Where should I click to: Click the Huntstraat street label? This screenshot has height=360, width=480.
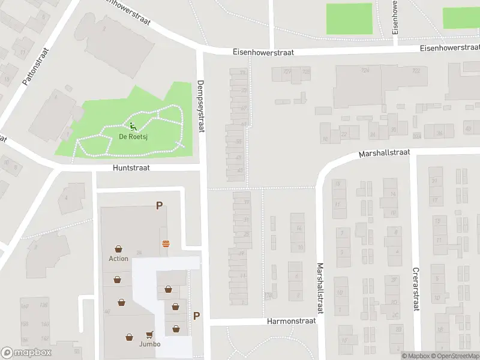131,168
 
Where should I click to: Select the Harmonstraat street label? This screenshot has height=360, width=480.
291,322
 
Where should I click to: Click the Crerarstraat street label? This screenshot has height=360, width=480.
415,289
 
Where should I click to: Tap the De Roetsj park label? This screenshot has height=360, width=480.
133,137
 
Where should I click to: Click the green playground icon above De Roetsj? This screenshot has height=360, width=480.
133,127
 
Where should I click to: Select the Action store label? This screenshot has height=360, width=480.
118,259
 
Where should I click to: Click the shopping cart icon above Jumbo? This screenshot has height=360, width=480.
149,335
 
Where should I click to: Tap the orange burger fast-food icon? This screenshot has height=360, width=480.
165,243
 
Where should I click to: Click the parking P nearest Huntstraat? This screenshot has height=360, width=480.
159,205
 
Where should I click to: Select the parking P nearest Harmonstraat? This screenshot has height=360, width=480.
196,316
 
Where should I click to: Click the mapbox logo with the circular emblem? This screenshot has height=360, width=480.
26,353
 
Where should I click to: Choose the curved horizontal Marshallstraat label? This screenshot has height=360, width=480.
384,154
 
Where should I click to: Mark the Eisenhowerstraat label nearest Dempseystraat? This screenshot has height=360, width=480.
263,53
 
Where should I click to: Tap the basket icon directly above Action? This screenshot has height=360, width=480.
119,249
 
